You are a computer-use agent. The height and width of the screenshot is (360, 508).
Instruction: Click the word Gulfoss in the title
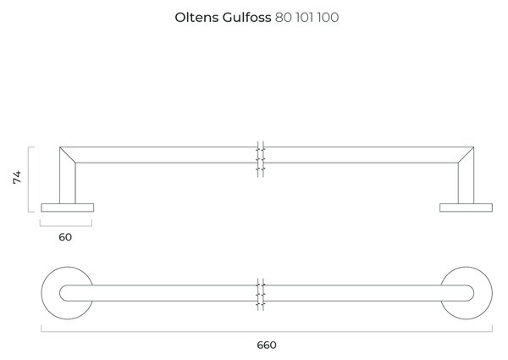tap(246, 18)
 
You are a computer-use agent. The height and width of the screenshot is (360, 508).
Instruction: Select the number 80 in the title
tap(284, 18)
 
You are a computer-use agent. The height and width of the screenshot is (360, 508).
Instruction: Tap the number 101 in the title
tap(304, 18)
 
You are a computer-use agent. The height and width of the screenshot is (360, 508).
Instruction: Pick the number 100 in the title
tap(328, 18)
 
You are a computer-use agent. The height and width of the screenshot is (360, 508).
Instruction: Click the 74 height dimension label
tap(17, 177)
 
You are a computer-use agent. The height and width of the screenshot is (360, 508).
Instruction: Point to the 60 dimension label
tap(65, 237)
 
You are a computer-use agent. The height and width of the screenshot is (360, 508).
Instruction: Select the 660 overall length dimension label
tap(267, 345)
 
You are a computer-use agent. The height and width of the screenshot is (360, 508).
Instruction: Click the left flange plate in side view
tap(68, 208)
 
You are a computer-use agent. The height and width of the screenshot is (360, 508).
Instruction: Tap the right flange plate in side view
tap(466, 208)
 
